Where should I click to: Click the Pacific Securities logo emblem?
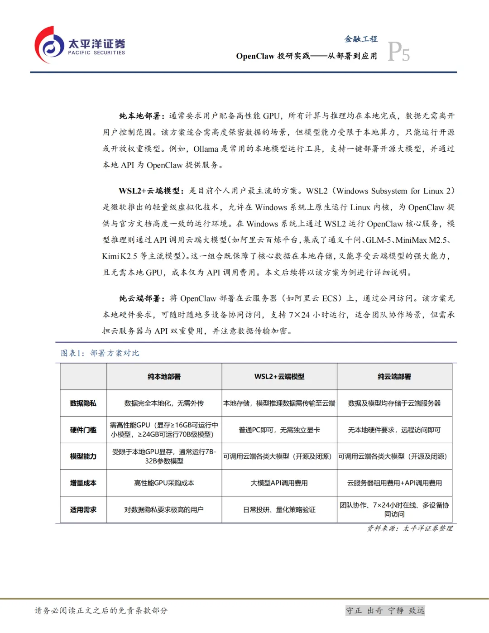pos(49,45)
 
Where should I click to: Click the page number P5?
pos(398,52)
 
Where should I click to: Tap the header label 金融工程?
pos(361,39)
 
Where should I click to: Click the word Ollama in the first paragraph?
pos(206,149)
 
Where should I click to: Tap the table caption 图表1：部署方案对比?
pos(100,353)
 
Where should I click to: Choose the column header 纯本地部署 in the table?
pos(164,377)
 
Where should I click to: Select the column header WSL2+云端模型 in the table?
pos(279,377)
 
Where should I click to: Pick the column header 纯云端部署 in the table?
pos(394,377)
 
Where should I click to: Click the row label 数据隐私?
pos(83,403)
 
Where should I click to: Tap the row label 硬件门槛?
pos(83,430)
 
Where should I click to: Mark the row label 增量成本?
pos(83,483)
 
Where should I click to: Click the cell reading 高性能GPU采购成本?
pos(164,483)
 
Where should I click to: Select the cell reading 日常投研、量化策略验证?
pos(279,510)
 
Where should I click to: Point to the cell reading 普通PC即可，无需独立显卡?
pos(279,430)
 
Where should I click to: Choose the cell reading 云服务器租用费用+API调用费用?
pos(394,483)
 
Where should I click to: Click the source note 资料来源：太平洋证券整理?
pos(410,528)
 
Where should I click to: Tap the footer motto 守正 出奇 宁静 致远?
pos(385,610)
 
